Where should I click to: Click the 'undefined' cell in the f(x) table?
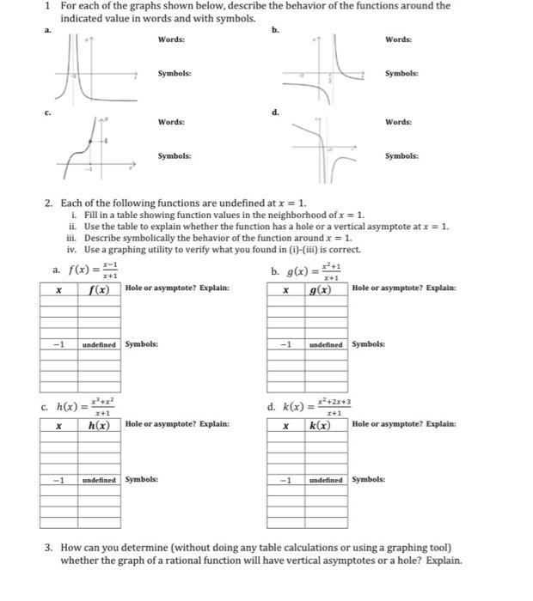100,344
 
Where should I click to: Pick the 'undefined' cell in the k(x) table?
327,480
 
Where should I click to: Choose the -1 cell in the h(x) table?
58,480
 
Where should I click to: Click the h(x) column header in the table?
100,425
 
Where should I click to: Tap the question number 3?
48,547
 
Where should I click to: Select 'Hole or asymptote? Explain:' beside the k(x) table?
404,424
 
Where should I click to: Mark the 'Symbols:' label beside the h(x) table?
141,480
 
